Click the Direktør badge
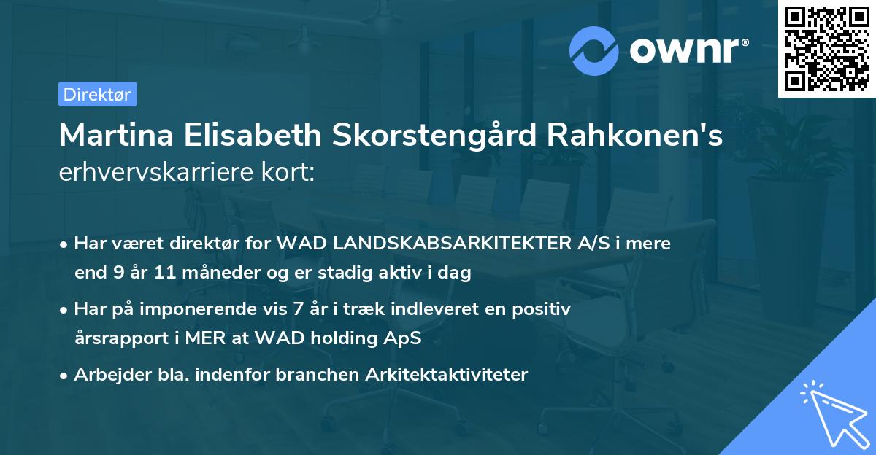click(97, 94)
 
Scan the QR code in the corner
click(826, 48)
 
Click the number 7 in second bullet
click(296, 309)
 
